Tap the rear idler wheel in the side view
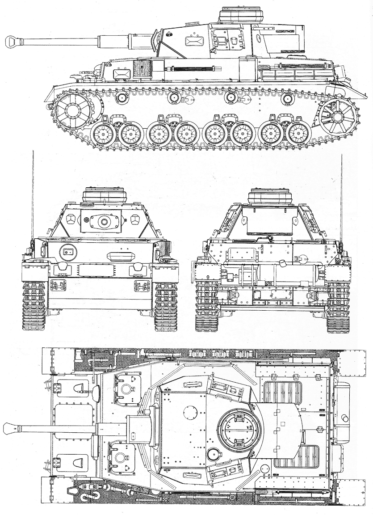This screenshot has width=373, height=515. (337, 117)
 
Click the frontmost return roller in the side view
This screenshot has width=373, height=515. (121, 97)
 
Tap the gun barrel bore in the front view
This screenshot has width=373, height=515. (104, 221)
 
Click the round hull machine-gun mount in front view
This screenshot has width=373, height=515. (68, 252)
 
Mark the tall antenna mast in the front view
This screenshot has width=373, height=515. (33, 197)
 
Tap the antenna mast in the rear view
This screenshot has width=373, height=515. (341, 197)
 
